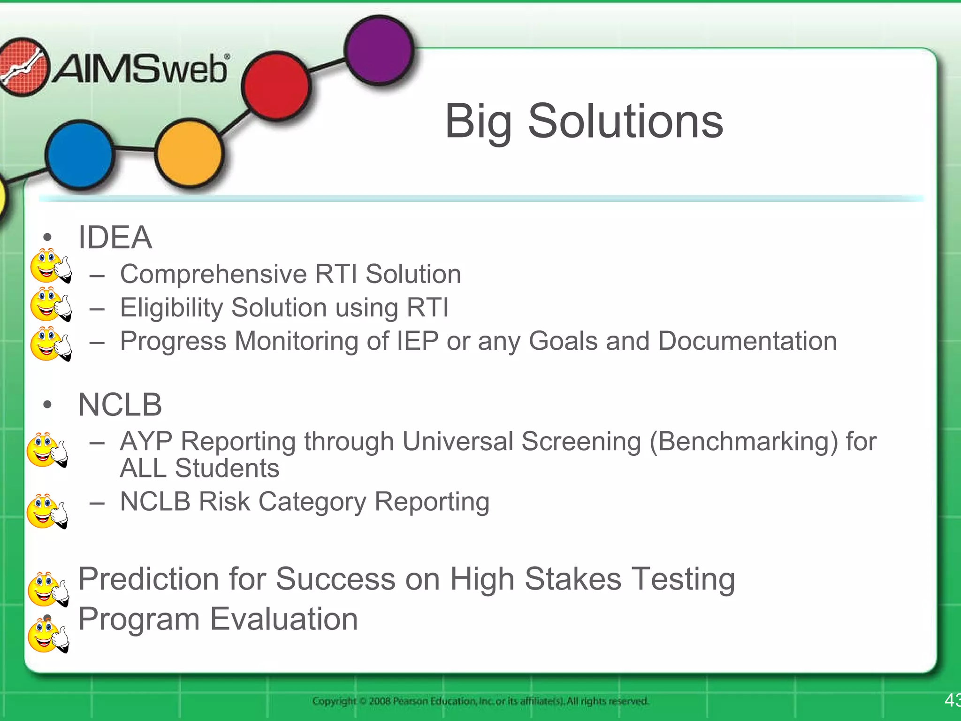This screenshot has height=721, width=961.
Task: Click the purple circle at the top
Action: (x=379, y=50)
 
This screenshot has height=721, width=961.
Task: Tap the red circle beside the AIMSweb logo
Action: (x=276, y=86)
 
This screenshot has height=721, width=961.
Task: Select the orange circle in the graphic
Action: (x=189, y=153)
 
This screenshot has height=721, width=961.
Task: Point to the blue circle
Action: (x=80, y=154)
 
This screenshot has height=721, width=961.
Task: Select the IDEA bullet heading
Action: (x=115, y=238)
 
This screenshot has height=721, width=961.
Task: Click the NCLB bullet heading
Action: (x=120, y=405)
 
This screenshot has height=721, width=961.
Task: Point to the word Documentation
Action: (x=747, y=341)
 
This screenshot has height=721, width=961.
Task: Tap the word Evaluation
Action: (x=284, y=619)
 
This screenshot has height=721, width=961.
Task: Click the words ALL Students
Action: (x=199, y=468)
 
